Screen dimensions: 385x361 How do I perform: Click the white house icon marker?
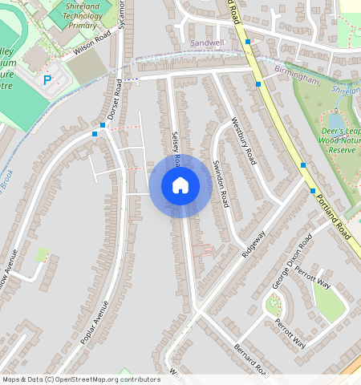(x=180, y=186)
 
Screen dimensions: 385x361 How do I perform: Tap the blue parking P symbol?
(x=47, y=80)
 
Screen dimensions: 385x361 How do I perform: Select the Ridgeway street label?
(x=254, y=244)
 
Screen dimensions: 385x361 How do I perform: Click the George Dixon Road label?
(x=291, y=262)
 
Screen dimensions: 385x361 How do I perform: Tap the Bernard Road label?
(x=250, y=359)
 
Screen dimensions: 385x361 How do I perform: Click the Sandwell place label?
(x=207, y=41)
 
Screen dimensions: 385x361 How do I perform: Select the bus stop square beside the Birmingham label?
(x=258, y=83)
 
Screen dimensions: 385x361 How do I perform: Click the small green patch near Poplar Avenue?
(x=43, y=254)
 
